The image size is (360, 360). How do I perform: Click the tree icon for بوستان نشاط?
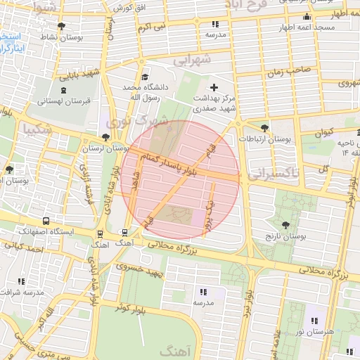tap(61, 26)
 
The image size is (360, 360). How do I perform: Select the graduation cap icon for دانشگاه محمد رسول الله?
tap(145, 77)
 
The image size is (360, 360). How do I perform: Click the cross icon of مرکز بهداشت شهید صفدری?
tap(214, 89)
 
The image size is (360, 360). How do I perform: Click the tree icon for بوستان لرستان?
tap(105, 137)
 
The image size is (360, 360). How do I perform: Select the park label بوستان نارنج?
tap(285, 236)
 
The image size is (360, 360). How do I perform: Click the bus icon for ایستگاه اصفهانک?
tap(46, 220)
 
